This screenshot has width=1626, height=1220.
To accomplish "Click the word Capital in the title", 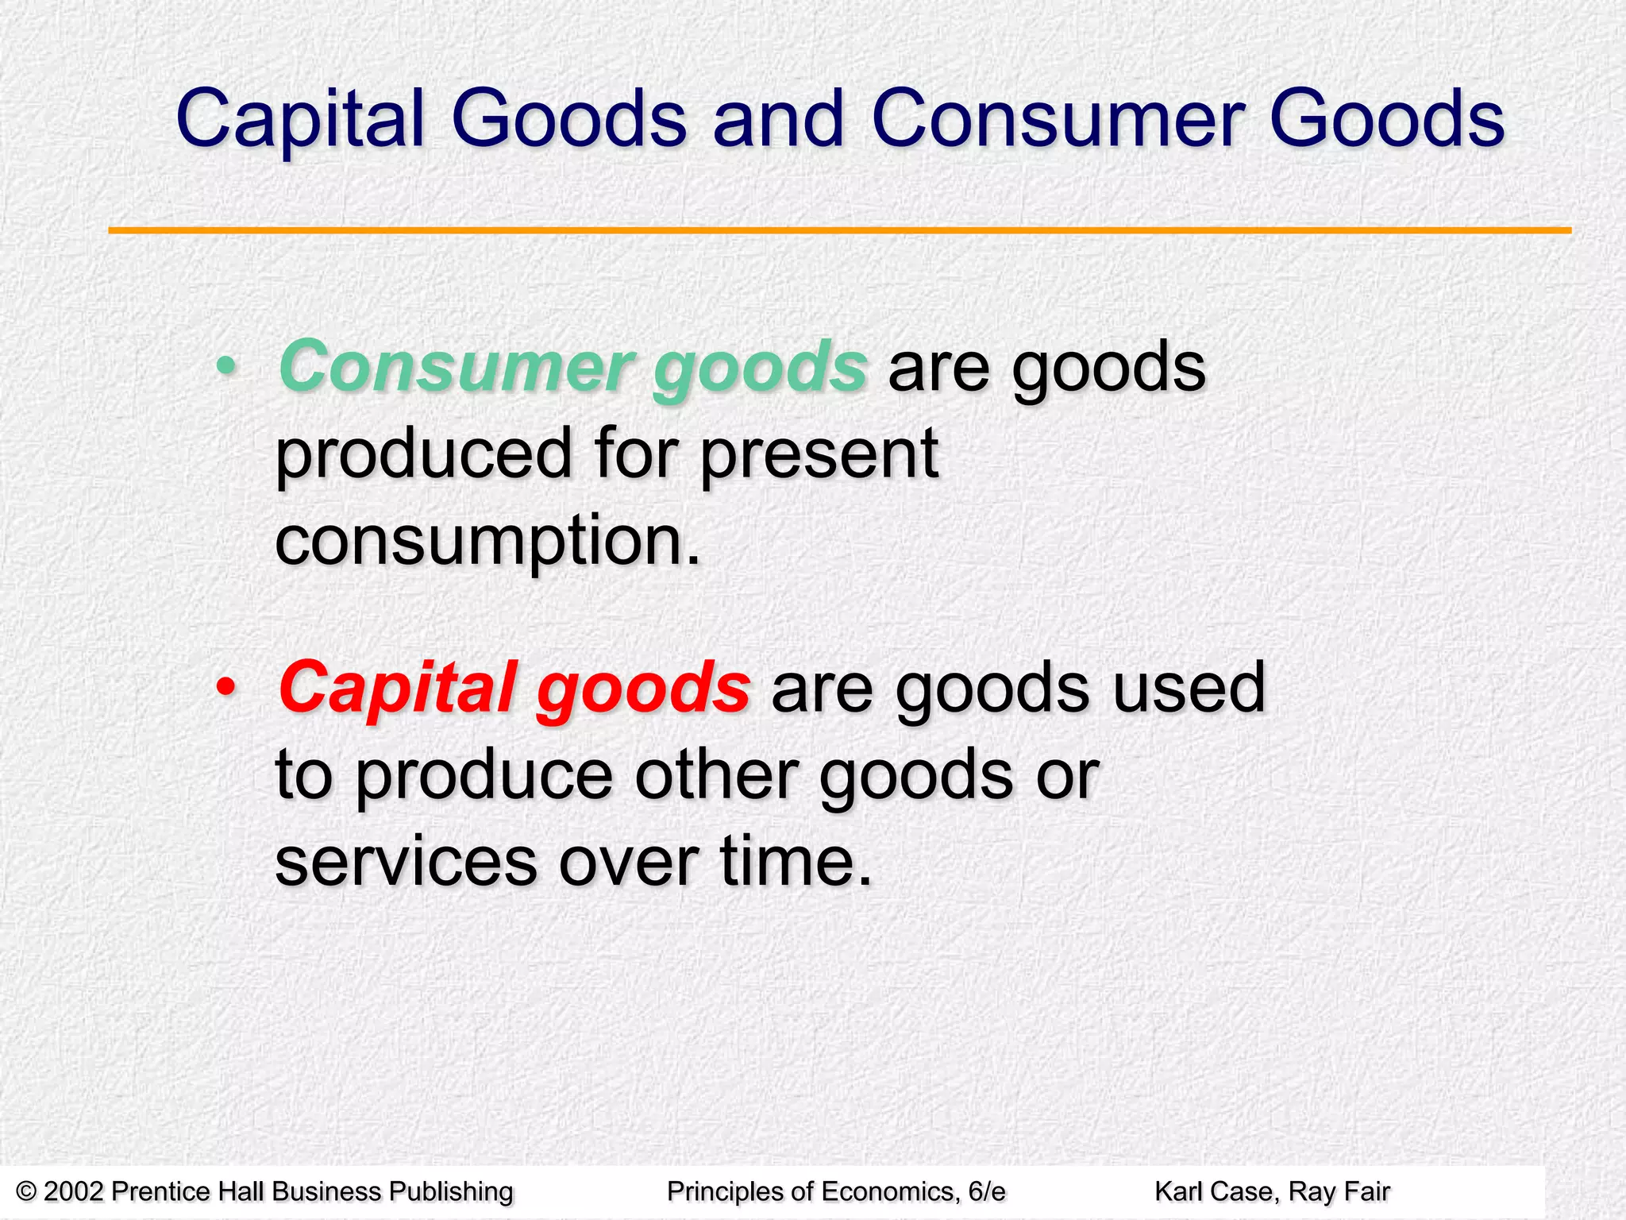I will click(x=301, y=119).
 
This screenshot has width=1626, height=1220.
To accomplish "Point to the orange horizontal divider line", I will click(x=839, y=230).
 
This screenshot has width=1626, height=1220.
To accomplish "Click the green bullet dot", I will click(x=227, y=367).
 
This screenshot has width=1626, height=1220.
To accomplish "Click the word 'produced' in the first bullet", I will click(x=423, y=454).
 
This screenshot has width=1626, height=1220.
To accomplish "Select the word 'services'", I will click(x=406, y=862).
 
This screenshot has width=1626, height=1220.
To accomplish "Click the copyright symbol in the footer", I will click(x=27, y=1191).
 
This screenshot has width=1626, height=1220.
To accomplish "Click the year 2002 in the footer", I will click(x=73, y=1191).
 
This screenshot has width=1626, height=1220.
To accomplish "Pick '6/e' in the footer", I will click(x=987, y=1191).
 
